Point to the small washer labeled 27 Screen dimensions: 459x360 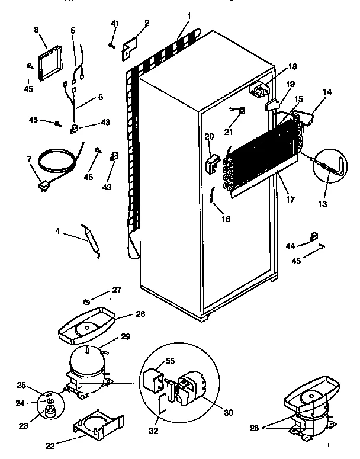tap(87, 302)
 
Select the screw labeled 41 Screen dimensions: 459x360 tap(111, 44)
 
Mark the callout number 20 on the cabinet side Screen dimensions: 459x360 tap(208, 136)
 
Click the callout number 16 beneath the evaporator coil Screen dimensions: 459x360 tap(226, 219)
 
